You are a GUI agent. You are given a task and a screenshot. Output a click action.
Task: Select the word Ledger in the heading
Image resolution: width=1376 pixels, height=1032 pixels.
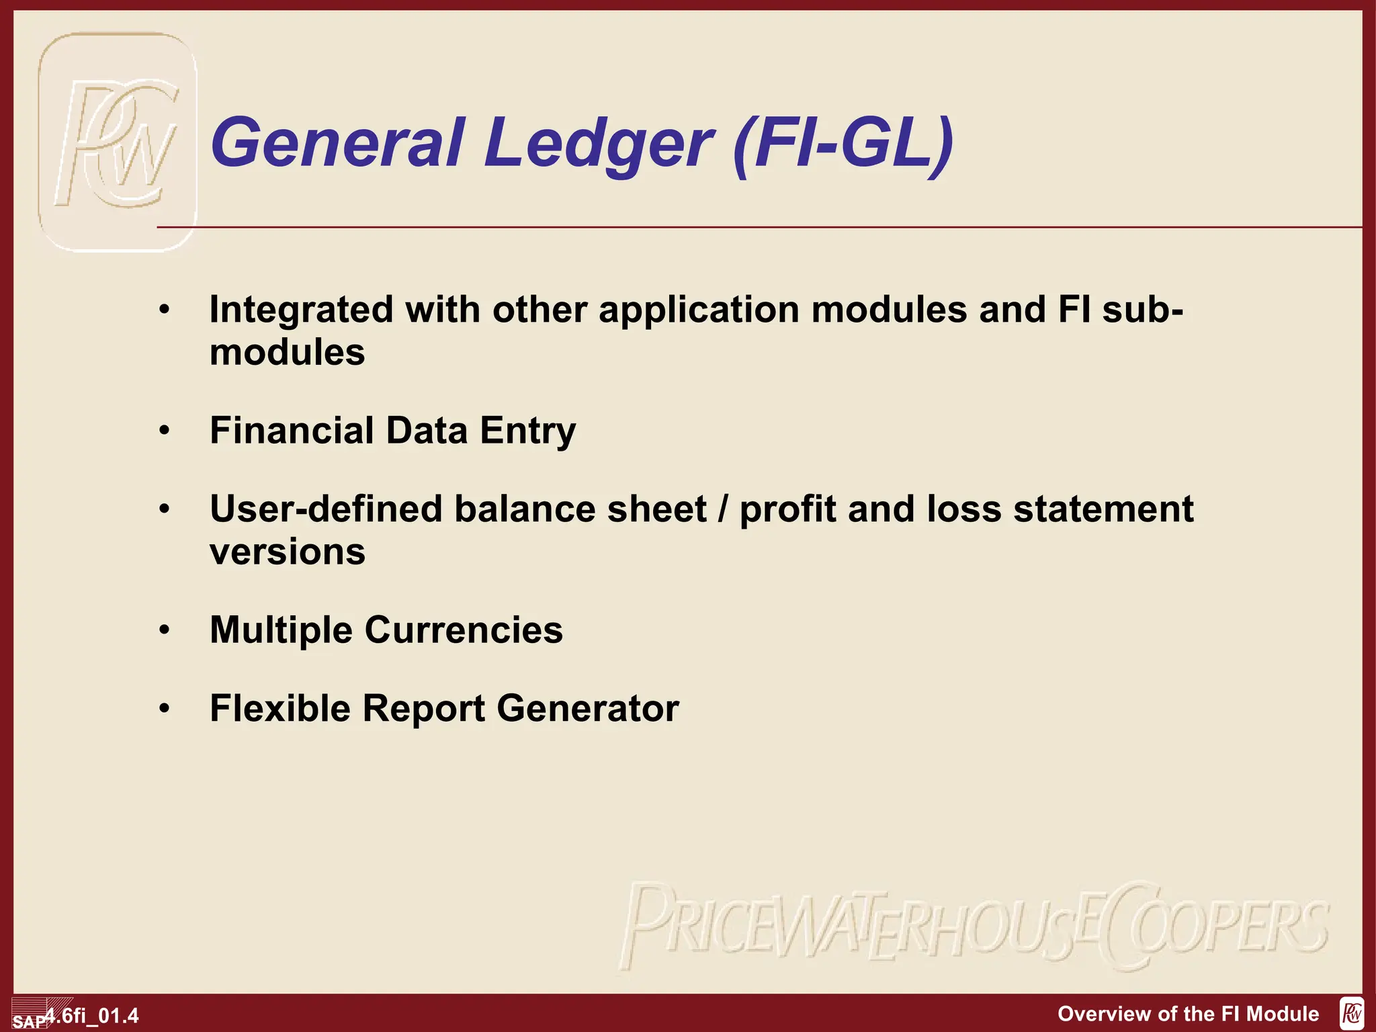(597, 144)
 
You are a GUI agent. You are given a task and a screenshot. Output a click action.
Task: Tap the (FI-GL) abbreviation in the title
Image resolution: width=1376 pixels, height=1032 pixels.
(844, 144)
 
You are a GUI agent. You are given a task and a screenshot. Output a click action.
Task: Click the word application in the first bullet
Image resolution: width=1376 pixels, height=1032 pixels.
(699, 310)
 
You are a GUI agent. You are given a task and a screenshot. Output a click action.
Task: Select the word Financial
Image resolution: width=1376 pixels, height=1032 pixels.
(292, 430)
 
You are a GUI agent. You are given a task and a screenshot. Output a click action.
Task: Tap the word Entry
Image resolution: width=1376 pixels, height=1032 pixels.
(527, 431)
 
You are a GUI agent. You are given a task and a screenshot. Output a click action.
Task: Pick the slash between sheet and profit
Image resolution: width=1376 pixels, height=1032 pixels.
(723, 509)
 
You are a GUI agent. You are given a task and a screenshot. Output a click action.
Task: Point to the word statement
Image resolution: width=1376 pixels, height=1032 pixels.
(1103, 509)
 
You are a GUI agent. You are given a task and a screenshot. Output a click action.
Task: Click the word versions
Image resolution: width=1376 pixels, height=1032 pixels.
(288, 552)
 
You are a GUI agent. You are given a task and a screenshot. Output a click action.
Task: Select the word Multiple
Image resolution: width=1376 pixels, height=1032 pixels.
(281, 630)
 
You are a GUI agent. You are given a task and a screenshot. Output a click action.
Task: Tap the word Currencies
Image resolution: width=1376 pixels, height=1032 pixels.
(464, 630)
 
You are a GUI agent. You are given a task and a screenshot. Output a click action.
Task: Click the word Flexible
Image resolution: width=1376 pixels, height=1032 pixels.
(280, 708)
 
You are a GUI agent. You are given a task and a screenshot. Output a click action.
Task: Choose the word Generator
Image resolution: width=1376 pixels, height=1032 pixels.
(588, 708)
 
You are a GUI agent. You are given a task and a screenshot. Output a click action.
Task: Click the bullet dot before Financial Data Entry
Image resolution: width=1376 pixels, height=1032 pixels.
(165, 430)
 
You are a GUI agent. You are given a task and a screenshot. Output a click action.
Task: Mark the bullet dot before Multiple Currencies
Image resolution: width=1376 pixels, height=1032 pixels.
(165, 630)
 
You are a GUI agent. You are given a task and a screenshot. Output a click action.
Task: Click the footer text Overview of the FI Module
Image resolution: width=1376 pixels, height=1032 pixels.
(1188, 1013)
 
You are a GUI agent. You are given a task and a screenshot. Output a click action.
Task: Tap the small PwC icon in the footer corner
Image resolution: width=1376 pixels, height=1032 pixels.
(1351, 1013)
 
